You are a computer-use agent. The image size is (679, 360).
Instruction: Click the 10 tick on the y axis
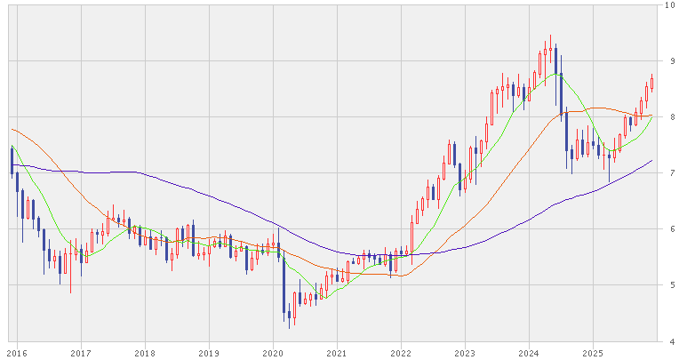coord(670,5)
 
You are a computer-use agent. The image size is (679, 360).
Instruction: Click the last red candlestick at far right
coord(652,83)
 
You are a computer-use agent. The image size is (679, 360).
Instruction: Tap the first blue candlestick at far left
coord(12,160)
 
